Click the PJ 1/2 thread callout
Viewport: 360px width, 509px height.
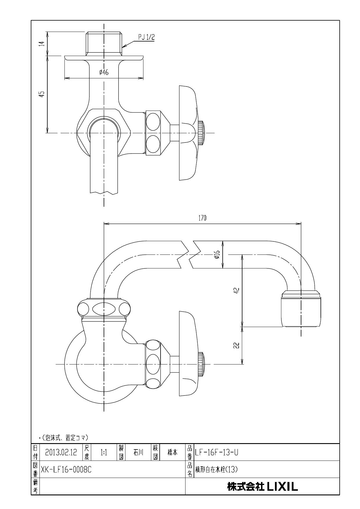pos(146,37)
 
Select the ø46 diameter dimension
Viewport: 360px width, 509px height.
pos(104,73)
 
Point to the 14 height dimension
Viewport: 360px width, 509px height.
pos(42,44)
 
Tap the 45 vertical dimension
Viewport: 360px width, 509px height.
pos(42,94)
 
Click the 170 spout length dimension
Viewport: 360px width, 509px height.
pos(202,218)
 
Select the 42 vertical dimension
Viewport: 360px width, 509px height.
pos(237,291)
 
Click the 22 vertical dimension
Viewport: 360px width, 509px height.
pos(237,345)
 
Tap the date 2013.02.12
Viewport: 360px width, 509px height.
pos(61,452)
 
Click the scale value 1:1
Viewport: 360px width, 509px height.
pos(104,452)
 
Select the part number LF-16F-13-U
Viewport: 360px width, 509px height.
pos(217,452)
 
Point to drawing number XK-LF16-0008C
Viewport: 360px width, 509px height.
pos(66,469)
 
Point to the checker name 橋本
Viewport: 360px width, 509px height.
pos(172,452)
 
